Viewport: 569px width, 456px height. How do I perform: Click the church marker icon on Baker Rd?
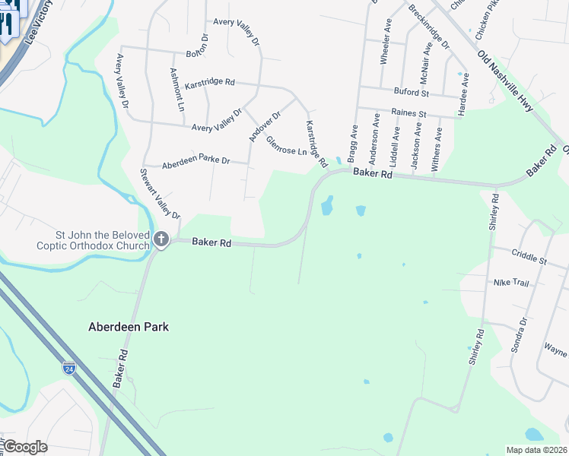[x=161, y=240]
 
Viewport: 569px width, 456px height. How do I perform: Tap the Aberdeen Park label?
[x=128, y=327]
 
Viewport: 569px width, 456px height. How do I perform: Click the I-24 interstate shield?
[x=69, y=368]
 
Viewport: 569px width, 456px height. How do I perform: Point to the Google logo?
[x=24, y=447]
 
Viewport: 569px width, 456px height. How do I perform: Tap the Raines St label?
[x=408, y=113]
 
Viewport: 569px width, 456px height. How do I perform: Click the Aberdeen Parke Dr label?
[x=195, y=160]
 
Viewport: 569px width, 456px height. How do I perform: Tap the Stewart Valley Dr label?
[x=159, y=193]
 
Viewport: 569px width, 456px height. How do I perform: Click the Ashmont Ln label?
[x=177, y=89]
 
